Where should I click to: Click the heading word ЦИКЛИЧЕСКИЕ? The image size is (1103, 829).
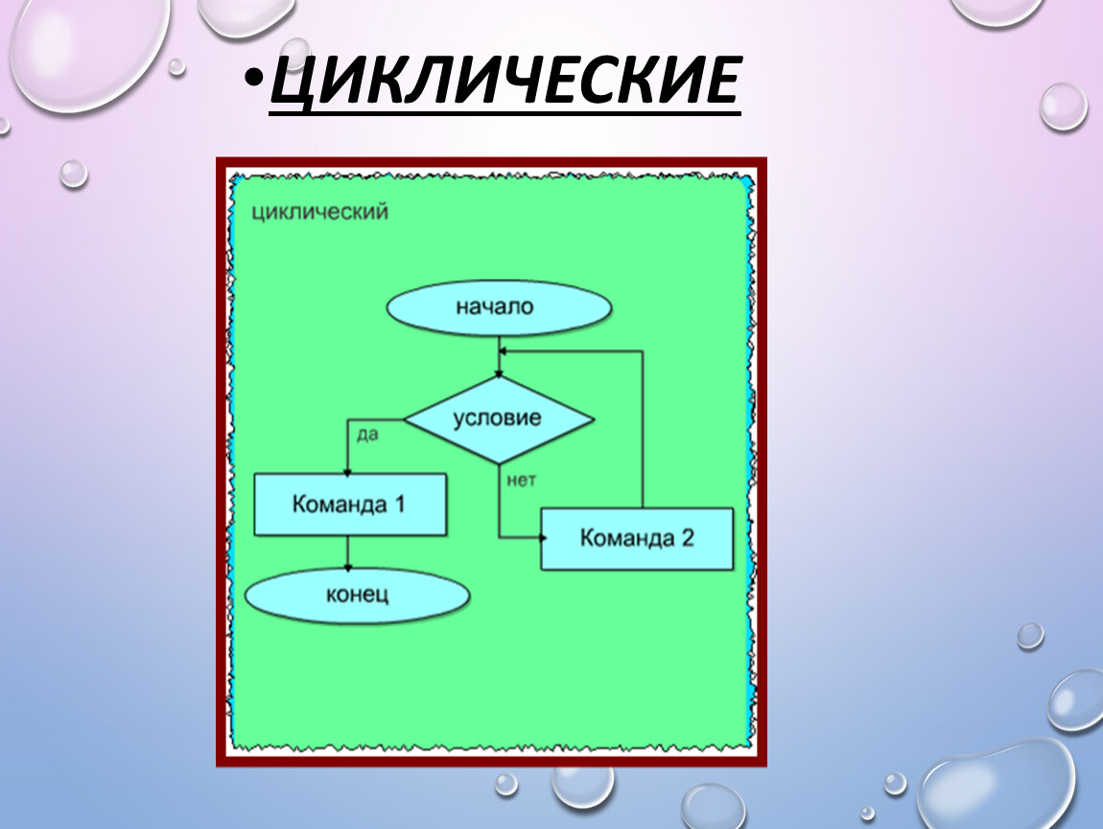(x=505, y=80)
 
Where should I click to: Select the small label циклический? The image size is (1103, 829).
(x=320, y=212)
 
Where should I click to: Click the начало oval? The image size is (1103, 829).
(x=499, y=308)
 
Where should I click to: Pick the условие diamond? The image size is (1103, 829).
(x=499, y=419)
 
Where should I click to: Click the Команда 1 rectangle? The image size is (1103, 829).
(x=350, y=505)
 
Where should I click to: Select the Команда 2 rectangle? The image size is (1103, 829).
(x=637, y=538)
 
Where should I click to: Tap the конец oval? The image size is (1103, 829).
(x=357, y=595)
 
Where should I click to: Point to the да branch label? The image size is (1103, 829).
(x=367, y=435)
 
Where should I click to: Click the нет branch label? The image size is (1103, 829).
(x=521, y=480)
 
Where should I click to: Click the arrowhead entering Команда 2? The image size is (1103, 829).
(x=542, y=538)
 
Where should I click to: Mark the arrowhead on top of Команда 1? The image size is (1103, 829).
(x=347, y=473)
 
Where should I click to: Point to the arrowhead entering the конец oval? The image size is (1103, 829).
(x=347, y=566)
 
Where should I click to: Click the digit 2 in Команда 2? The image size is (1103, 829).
(x=688, y=538)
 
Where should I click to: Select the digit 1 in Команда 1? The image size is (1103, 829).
(x=400, y=504)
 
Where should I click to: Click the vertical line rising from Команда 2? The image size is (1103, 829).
(x=643, y=429)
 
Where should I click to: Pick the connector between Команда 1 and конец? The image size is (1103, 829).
(x=347, y=553)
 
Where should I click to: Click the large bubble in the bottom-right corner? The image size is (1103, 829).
(x=997, y=785)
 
